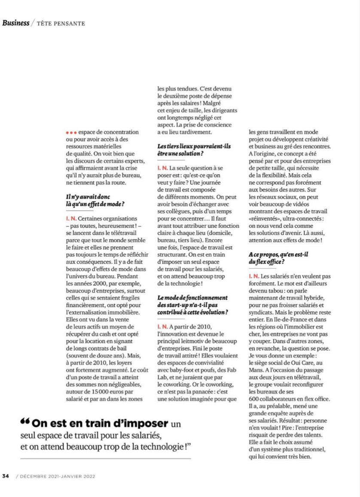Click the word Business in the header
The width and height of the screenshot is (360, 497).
pos(16,23)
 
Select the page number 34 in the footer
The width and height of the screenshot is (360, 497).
pos(6,476)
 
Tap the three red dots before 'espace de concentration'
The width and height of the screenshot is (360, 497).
pos(71,132)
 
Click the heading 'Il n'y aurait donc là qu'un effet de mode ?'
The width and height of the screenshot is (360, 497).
pos(95,200)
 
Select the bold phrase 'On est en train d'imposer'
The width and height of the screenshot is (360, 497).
pos(100,424)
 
